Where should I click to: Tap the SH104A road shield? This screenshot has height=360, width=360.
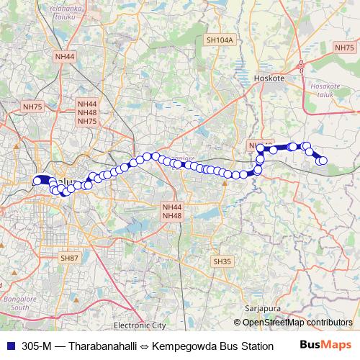point(220,40)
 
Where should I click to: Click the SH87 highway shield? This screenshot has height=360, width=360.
point(70,257)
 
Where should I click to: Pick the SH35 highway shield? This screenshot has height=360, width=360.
point(221,261)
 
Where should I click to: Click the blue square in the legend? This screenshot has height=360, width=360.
point(7,346)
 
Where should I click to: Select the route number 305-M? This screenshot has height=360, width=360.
point(32,346)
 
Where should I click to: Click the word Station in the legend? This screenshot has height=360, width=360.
point(255,346)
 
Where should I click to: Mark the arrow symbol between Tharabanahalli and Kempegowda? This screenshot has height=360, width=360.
point(144,346)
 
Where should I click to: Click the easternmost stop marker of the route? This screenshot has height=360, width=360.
point(323,161)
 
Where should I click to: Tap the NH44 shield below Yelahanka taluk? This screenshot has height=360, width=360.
point(64,55)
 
